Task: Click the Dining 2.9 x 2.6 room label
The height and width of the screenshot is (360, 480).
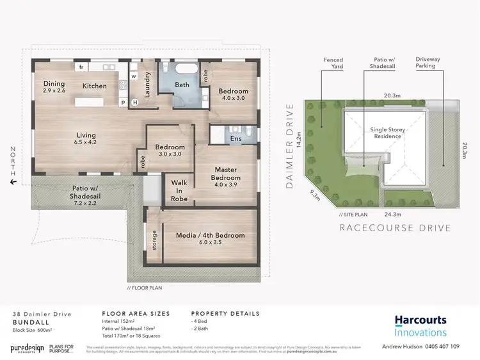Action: (54, 87)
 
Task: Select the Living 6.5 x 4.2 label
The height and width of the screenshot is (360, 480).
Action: (86, 138)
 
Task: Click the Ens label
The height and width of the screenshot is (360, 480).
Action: (236, 138)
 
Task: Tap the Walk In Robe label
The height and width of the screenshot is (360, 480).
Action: (179, 190)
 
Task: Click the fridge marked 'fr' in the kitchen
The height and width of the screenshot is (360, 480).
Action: (81, 67)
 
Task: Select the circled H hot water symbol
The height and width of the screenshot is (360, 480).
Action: (134, 102)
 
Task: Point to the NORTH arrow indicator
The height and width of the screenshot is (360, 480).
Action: (12, 165)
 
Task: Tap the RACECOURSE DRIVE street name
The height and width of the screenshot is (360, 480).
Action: (394, 227)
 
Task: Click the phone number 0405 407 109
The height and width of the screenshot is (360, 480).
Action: (438, 347)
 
